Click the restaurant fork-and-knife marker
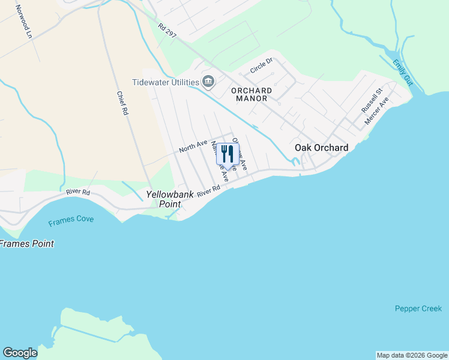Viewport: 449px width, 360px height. [228, 154]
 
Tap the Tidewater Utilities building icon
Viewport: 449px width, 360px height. [208, 80]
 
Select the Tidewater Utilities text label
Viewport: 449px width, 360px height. [166, 82]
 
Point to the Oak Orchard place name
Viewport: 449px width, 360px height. [321, 148]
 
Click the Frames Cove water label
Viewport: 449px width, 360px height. [71, 220]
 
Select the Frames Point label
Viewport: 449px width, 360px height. [27, 244]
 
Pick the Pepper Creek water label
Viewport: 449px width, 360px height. [418, 308]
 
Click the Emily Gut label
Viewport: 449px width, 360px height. [402, 72]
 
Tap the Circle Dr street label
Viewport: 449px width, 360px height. [261, 65]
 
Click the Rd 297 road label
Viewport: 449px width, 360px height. [167, 31]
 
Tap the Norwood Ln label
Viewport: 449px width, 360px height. [23, 22]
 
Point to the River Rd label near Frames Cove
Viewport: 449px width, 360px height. [78, 193]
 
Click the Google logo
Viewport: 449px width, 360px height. [20, 353]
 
